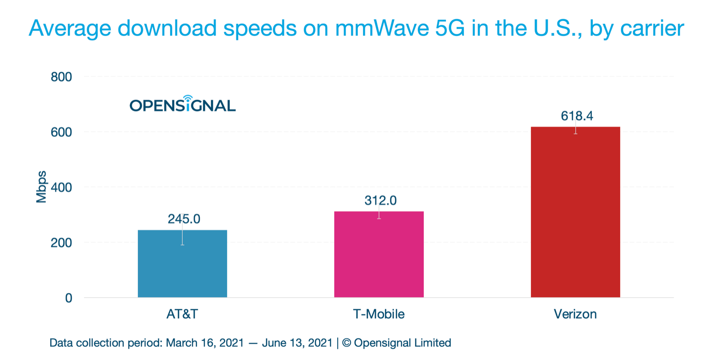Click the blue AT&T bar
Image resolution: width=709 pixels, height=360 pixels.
(x=182, y=263)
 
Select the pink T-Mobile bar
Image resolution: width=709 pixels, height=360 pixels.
(x=379, y=254)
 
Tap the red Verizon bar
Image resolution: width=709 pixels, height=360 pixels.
(x=575, y=212)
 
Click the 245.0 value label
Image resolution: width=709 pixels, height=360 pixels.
(x=184, y=219)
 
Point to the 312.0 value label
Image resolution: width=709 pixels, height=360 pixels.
(x=380, y=201)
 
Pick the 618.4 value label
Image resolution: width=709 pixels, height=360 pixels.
(x=577, y=116)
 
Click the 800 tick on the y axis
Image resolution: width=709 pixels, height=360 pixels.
(x=60, y=76)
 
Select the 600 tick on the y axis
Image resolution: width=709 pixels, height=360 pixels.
(x=60, y=132)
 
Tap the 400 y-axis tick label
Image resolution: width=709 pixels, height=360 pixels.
(x=60, y=187)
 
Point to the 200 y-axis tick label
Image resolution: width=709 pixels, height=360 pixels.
(x=60, y=243)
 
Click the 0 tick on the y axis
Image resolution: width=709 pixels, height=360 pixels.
(x=68, y=298)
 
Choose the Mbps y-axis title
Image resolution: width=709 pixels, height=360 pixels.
(x=42, y=187)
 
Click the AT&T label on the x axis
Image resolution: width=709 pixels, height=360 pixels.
(x=182, y=314)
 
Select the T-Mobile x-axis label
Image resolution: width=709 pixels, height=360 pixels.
(x=379, y=314)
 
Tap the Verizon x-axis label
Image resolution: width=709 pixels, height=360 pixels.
(x=575, y=314)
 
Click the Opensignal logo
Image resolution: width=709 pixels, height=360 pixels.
(x=182, y=104)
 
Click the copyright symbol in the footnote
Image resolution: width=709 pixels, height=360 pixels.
(x=347, y=343)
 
